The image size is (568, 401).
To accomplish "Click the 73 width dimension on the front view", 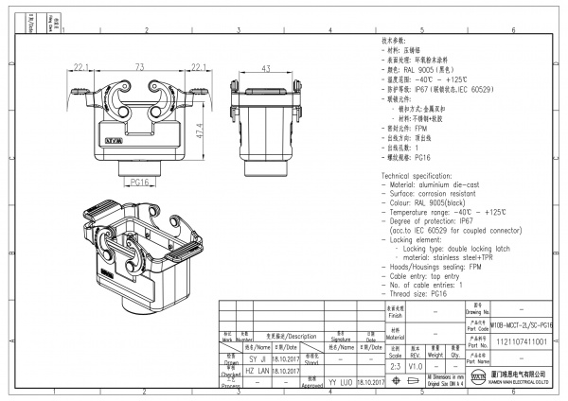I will click(138, 67).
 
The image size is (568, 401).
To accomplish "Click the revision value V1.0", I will click(415, 364).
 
